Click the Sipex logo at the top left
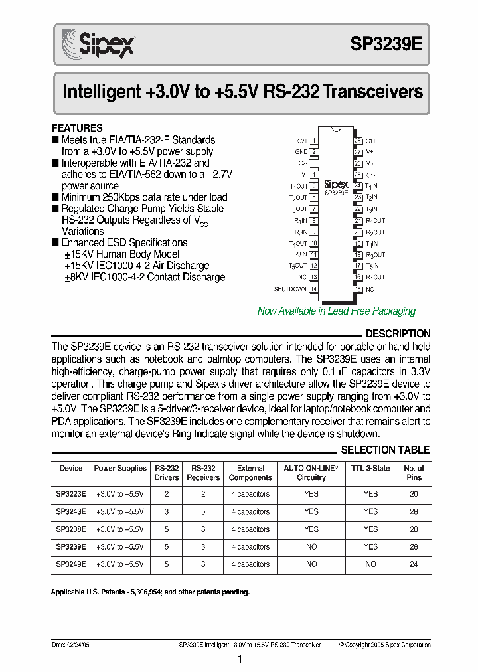pos(98,44)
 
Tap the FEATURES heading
pos(77,128)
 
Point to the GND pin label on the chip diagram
pos(301,152)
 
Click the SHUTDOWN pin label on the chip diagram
pos(290,289)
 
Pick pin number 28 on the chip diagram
pos(358,141)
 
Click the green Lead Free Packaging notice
pos(336,311)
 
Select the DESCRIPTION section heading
pos(398,333)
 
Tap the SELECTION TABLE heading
pos(385,450)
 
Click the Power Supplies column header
pos(120,469)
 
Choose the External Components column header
pos(250,473)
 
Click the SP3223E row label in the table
pos(71,494)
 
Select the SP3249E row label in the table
pos(71,564)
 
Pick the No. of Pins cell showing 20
pos(414,494)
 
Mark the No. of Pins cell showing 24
pos(414,564)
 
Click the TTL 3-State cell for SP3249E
pos(370,564)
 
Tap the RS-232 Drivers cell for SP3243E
pos(167,512)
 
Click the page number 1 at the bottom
pos(240,659)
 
